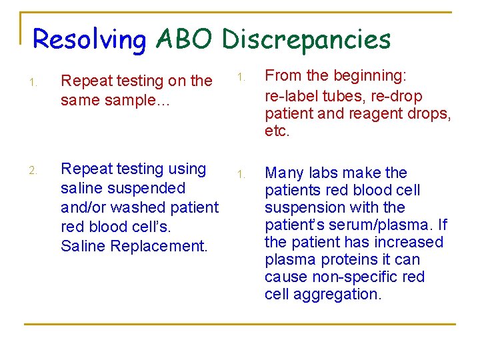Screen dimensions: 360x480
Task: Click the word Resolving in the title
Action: point(89,40)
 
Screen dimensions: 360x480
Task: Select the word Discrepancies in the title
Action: point(306,40)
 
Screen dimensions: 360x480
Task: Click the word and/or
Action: point(85,207)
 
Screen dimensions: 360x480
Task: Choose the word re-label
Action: point(291,96)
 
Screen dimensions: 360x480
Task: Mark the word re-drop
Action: point(396,96)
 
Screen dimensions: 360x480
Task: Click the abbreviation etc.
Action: point(277,131)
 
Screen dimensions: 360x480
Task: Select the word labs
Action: point(325,173)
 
